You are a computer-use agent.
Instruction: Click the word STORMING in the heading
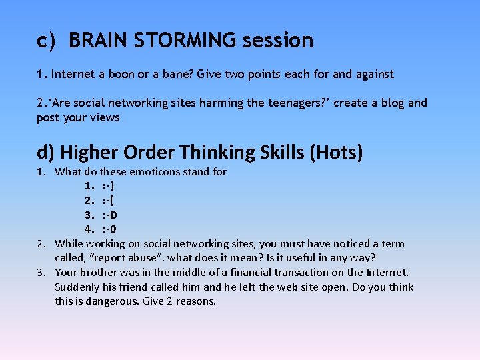point(185,41)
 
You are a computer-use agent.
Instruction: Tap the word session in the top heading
point(278,41)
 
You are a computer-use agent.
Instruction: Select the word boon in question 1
point(121,74)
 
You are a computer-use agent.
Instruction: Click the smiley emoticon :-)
point(108,186)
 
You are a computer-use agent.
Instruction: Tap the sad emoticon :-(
point(108,201)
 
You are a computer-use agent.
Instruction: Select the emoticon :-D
point(110,215)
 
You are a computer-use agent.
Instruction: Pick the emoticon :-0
point(109,229)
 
